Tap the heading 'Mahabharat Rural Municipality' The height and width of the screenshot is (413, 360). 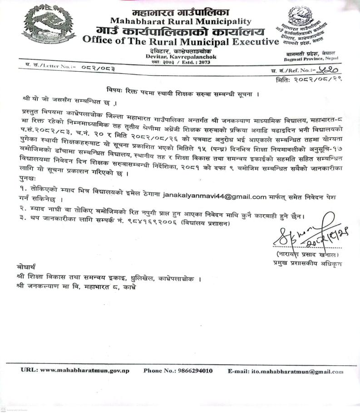pyautogui.click(x=180, y=21)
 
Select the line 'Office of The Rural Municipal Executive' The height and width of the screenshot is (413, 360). pyautogui.click(x=180, y=41)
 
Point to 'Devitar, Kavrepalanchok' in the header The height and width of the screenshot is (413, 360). pyautogui.click(x=181, y=57)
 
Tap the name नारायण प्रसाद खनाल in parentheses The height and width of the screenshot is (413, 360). pyautogui.click(x=309, y=256)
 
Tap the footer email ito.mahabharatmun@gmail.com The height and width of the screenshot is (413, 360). pyautogui.click(x=297, y=371)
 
